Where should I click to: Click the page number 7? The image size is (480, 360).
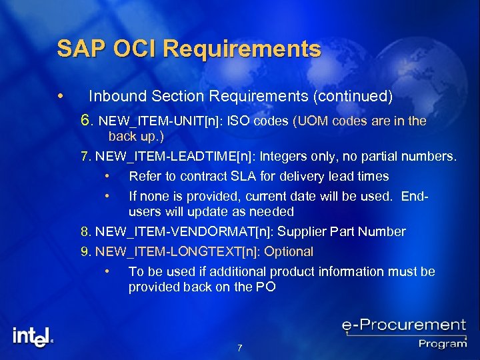(239, 348)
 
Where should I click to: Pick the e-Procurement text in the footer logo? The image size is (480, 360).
(403, 326)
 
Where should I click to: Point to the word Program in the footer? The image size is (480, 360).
(442, 343)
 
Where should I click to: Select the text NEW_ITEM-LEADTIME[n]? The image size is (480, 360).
(174, 157)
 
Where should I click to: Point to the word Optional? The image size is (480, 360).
(289, 252)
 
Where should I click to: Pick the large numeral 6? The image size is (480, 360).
(85, 121)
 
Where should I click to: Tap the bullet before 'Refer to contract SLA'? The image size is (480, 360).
(107, 177)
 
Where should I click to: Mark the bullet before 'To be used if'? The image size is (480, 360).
(107, 271)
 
